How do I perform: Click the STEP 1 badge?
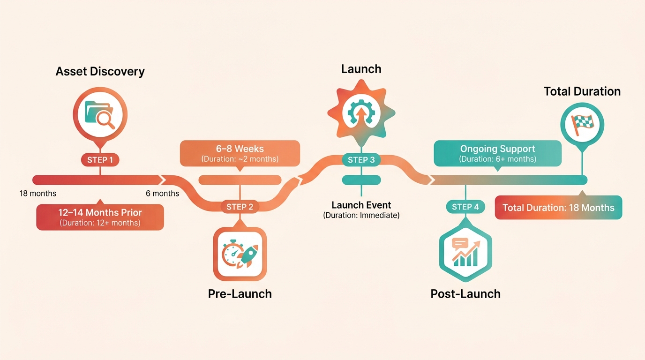coord(100,160)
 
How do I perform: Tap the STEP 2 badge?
coord(240,207)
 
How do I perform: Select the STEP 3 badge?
coord(361,160)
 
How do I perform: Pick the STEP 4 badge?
coord(465,207)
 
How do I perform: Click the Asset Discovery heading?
coord(100,71)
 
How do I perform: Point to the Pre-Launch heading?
coord(240,294)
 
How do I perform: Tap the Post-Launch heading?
coord(465,294)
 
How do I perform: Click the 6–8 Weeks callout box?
coord(240,153)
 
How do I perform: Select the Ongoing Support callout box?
coord(497,153)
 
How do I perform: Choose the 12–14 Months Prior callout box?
coord(100,217)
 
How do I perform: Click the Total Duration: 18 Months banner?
coord(558,208)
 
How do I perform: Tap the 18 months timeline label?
coord(37,194)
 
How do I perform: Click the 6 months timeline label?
coord(162,194)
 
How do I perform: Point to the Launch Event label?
coord(361,205)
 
